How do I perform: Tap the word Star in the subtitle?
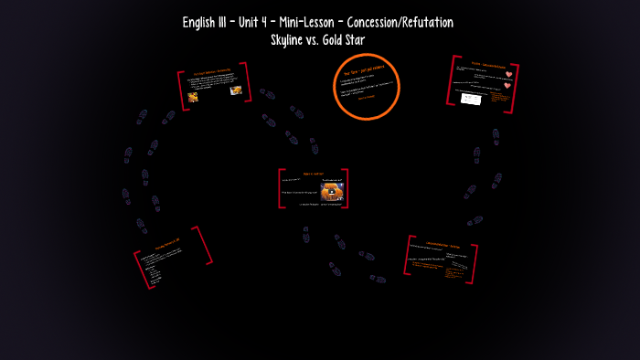pos(361,39)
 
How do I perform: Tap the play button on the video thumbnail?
pos(331,191)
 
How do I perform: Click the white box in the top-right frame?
pos(471,99)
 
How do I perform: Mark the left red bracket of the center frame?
pos(281,188)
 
